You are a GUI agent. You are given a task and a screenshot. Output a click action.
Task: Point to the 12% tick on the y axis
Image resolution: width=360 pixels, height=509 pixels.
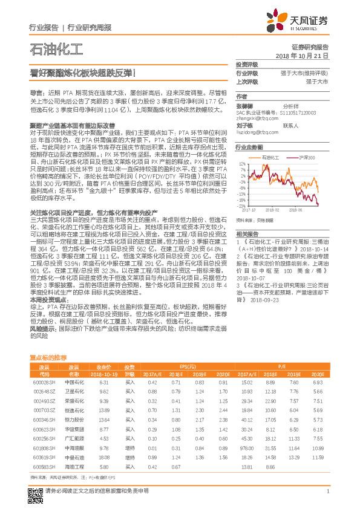(241, 163)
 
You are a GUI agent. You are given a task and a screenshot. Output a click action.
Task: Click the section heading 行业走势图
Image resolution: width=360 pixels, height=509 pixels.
(249, 148)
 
